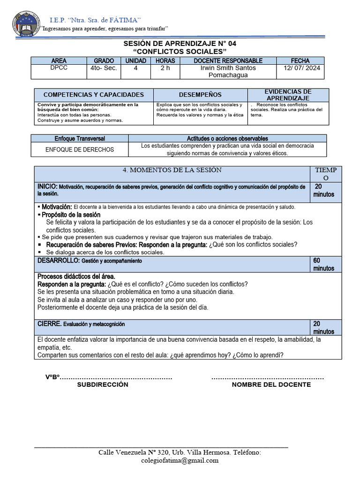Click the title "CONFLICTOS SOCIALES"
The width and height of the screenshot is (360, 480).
180,51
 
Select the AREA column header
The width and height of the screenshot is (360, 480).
59,61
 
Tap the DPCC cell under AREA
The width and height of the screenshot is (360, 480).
59,68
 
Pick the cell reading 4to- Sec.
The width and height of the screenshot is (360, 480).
104,68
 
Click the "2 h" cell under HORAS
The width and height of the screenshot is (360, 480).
165,68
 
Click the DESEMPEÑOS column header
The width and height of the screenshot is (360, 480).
200,95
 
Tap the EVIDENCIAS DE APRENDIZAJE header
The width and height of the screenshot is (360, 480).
287,95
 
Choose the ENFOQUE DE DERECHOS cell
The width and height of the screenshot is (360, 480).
79,150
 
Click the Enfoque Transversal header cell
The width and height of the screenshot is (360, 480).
80,139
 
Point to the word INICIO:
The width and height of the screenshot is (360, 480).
47,187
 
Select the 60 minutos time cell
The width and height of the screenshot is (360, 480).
323,264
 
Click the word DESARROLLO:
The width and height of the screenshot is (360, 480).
59,260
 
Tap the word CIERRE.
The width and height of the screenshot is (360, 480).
49,324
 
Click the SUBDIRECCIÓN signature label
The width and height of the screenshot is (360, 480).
102,384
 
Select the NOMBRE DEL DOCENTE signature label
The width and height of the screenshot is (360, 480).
271,384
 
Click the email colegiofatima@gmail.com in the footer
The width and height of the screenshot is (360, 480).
180,460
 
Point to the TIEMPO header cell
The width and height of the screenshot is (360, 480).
326,174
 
